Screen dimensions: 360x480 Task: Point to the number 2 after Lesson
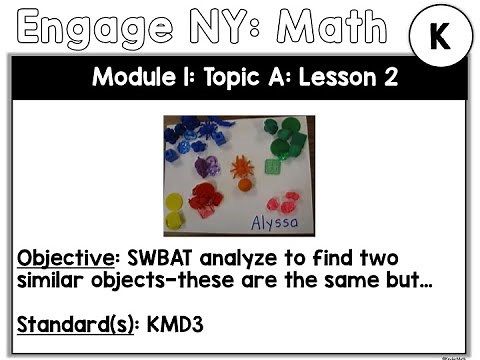tap(376, 77)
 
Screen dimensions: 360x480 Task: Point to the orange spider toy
tap(242, 169)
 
